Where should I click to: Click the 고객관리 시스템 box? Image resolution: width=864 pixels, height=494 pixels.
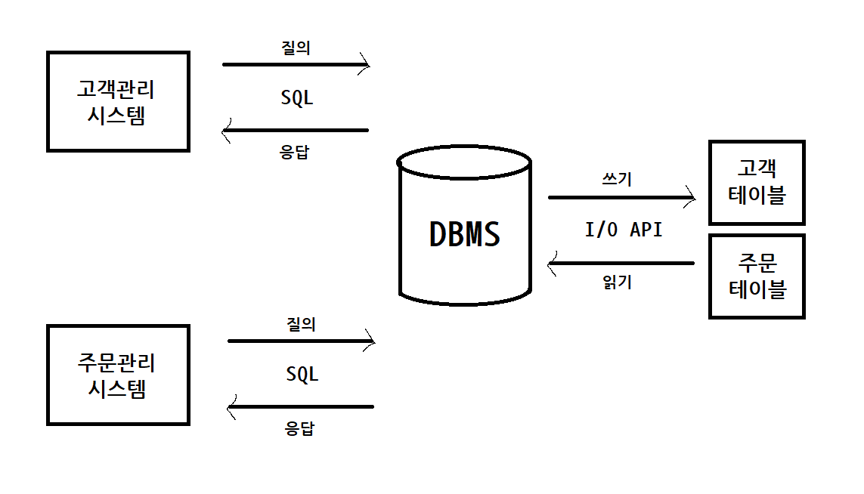[x=117, y=102]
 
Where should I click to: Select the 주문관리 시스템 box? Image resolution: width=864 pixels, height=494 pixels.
[x=117, y=375]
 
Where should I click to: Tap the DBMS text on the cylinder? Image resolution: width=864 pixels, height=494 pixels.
[x=464, y=234]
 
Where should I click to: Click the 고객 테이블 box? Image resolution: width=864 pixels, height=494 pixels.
[x=757, y=182]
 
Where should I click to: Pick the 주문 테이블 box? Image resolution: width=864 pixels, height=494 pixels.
[x=757, y=276]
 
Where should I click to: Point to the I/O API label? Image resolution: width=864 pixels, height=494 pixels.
[x=624, y=230]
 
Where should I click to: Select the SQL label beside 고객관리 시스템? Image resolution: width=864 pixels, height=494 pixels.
[x=297, y=97]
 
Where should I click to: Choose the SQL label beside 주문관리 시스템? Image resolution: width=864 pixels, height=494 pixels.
[x=302, y=373]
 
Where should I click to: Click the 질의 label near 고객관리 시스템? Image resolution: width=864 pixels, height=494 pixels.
[x=296, y=48]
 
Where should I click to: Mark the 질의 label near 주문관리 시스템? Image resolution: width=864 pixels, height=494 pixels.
[x=301, y=324]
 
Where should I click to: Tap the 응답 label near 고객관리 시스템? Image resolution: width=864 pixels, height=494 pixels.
[x=295, y=151]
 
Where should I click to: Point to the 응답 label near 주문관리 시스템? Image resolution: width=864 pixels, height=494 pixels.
[x=299, y=428]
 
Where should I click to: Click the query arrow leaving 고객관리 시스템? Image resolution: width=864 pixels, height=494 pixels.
[x=296, y=64]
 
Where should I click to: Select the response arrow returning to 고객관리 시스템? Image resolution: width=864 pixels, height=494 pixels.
[x=296, y=131]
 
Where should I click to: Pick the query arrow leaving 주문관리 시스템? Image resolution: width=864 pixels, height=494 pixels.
[x=301, y=341]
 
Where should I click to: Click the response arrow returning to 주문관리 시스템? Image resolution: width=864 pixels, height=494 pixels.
[x=301, y=407]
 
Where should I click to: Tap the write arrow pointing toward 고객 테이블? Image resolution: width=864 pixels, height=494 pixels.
[x=621, y=197]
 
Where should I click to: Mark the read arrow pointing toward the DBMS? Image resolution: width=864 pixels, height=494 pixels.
[x=621, y=264]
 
